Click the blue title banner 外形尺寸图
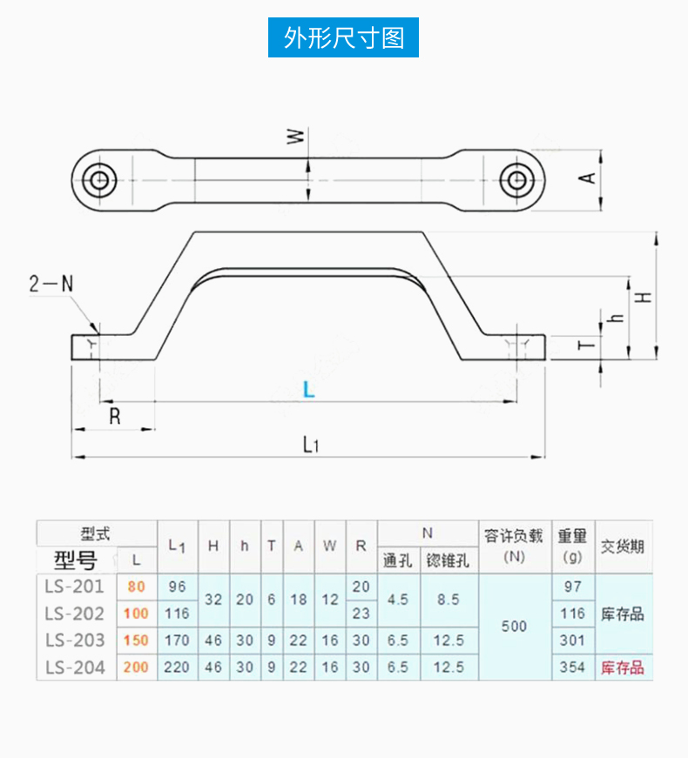click(x=344, y=38)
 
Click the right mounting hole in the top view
click(x=516, y=180)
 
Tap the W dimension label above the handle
click(x=296, y=137)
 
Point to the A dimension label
click(x=589, y=177)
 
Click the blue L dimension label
click(x=308, y=390)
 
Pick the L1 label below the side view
click(x=311, y=445)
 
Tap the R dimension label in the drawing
click(x=114, y=417)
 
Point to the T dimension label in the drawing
click(x=589, y=345)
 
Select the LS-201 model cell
click(x=74, y=587)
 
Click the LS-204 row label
click(x=74, y=667)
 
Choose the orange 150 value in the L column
click(x=136, y=641)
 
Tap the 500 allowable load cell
click(x=514, y=626)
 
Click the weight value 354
click(x=573, y=667)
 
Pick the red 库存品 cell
click(x=623, y=667)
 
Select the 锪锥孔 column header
click(x=449, y=560)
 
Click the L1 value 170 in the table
click(x=177, y=641)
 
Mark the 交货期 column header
click(x=623, y=547)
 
